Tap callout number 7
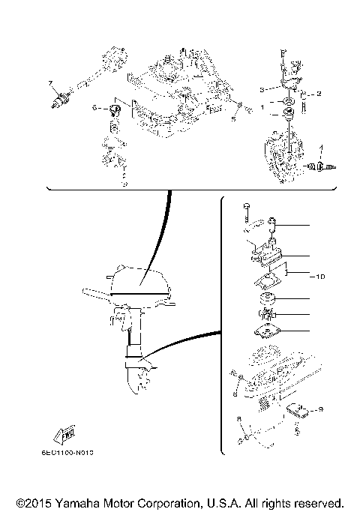click(x=51, y=82)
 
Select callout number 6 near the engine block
click(x=95, y=108)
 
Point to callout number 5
click(x=233, y=118)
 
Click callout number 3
click(x=262, y=89)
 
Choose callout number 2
click(x=319, y=94)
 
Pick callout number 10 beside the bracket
click(x=319, y=277)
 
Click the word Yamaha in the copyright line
click(x=89, y=502)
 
